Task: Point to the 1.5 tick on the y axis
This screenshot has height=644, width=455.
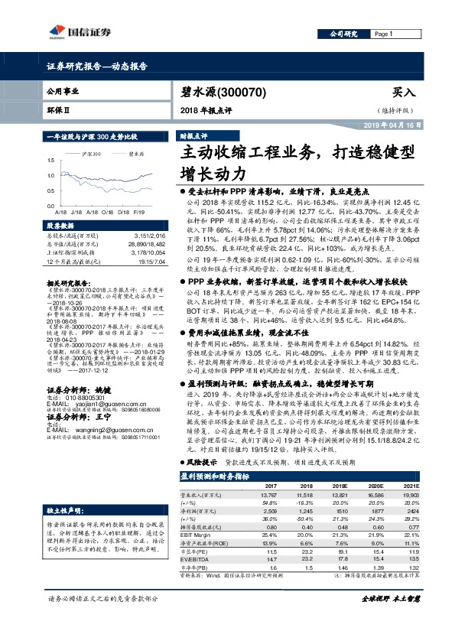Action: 50,160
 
